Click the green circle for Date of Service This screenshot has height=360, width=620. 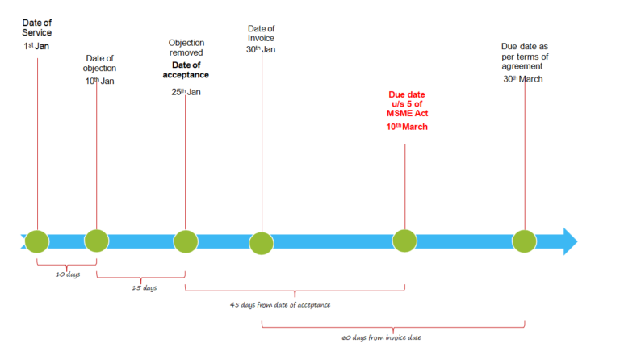point(37,241)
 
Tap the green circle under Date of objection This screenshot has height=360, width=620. point(96,240)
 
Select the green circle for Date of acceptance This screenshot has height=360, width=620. point(186,241)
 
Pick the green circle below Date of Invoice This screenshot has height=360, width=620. point(262,242)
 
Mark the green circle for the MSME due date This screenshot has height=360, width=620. point(404,241)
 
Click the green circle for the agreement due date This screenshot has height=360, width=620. point(525,241)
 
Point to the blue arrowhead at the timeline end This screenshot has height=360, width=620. point(570,241)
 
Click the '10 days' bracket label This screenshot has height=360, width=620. point(66,274)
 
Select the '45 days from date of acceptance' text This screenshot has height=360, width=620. point(279,304)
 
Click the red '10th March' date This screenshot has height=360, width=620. point(407,128)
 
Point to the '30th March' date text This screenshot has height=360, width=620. point(523,79)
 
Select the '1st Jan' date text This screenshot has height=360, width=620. point(37,47)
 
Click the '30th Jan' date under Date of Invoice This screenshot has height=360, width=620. point(262,49)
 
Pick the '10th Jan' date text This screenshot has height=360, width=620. point(100,81)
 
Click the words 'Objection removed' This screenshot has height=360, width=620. point(186,48)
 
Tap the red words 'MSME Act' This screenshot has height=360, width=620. point(407,115)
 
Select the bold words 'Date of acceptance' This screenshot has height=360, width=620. point(186,69)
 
